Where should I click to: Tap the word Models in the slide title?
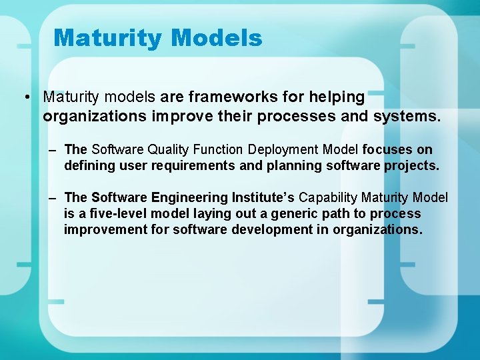217,38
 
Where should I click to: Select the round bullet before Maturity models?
24,97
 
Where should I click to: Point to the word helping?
335,97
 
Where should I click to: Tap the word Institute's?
263,198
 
